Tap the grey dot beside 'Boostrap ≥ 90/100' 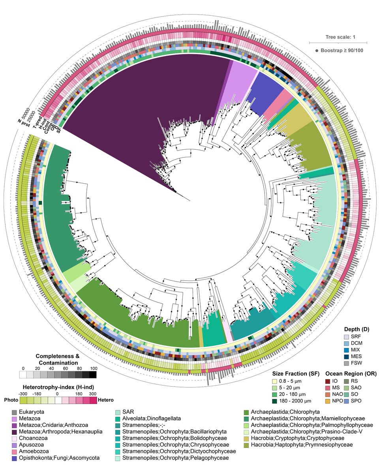click(317, 50)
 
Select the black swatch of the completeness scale click(92, 374)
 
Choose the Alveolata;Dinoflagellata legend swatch click(118, 419)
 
